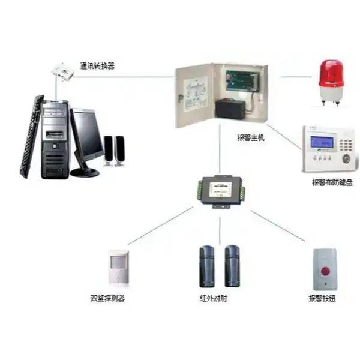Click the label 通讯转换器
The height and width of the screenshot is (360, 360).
[97, 66]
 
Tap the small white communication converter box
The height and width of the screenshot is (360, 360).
[62, 72]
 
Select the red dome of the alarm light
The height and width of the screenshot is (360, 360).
[331, 73]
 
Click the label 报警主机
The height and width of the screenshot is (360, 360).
[251, 137]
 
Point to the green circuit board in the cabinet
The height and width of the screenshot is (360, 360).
[242, 80]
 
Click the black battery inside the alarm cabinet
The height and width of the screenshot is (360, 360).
[230, 109]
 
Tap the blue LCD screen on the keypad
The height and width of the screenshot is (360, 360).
[322, 142]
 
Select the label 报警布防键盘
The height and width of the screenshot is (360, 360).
[332, 182]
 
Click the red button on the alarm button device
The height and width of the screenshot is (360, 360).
[325, 271]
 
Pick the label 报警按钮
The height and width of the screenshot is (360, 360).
[322, 298]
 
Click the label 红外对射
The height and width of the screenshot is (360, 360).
[213, 298]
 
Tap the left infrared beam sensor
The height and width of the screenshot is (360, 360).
[207, 266]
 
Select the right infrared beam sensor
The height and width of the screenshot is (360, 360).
[232, 266]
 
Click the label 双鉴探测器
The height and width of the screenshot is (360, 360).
[107, 298]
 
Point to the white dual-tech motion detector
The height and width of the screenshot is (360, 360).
[119, 268]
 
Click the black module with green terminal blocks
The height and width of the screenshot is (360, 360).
[221, 192]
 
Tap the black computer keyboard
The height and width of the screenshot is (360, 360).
[32, 137]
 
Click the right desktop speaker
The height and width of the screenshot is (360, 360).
[119, 151]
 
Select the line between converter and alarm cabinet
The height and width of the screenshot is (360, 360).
[124, 77]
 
